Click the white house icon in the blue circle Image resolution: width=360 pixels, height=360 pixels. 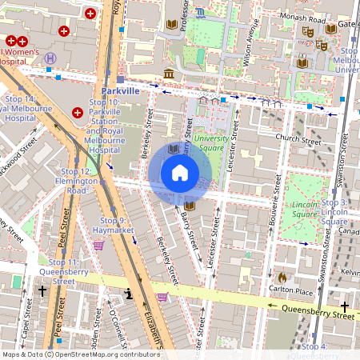(x=180, y=173)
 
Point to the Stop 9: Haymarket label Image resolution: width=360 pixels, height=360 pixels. (x=114, y=225)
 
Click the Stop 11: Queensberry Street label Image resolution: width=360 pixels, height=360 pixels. (x=62, y=272)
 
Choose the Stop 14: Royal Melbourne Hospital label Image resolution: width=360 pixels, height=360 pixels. (x=26, y=108)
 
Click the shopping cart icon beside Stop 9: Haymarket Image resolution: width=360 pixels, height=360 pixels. (x=98, y=246)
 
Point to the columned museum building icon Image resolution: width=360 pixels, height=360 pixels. (x=169, y=74)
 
